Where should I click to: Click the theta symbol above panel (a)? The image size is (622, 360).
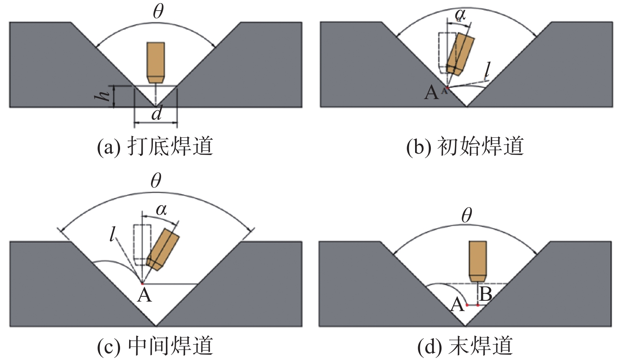tap(158, 11)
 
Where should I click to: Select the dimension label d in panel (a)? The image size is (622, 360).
tap(156, 114)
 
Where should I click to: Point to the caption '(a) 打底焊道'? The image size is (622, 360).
tap(155, 146)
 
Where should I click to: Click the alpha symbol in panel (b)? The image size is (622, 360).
tap(460, 15)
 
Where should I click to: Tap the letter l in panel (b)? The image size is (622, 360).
tap(488, 71)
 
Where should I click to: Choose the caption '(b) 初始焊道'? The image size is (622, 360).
tap(465, 146)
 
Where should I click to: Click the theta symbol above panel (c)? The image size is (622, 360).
tap(156, 181)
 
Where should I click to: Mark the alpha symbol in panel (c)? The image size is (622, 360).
tap(161, 210)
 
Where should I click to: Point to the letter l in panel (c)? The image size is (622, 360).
tap(113, 235)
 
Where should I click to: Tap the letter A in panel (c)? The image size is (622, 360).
tap(145, 295)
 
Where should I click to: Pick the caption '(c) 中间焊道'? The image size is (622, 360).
tap(155, 346)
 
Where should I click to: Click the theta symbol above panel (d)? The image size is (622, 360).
tap(466, 216)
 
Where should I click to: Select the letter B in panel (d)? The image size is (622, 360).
tap(485, 294)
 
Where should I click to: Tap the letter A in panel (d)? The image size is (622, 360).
tap(457, 305)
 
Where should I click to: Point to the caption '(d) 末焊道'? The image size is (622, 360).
tap(465, 346)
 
